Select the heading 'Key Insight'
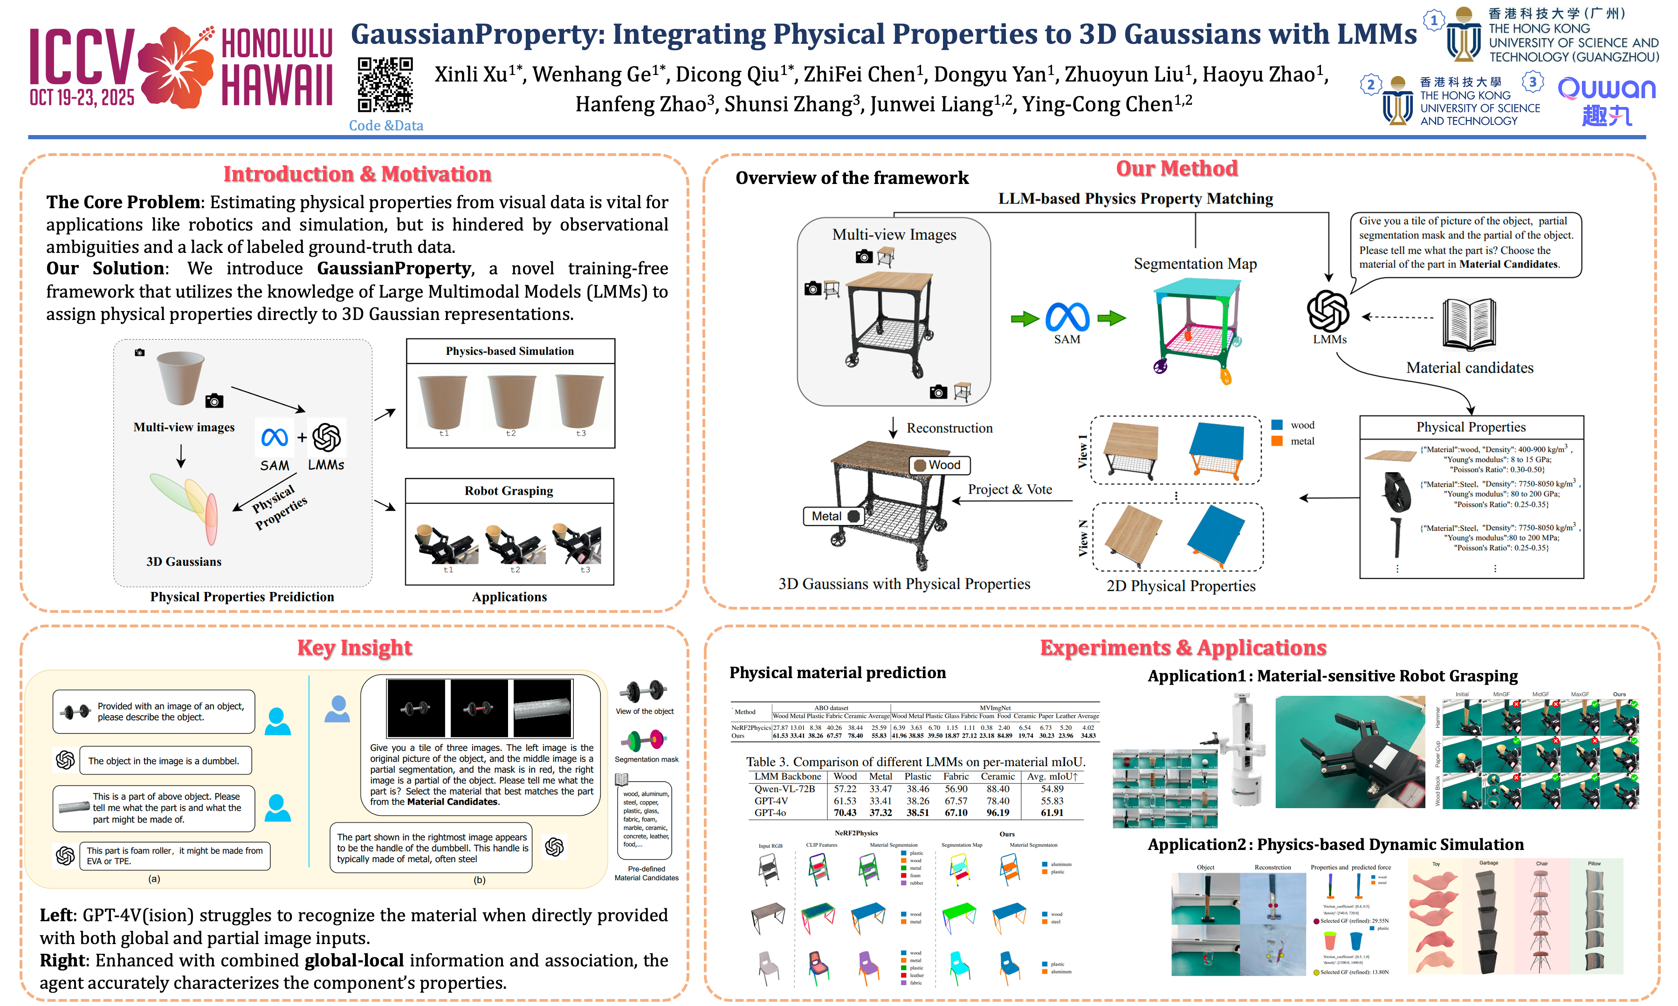click(354, 647)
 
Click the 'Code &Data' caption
click(385, 125)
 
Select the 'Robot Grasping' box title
click(509, 491)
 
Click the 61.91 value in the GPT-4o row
click(1052, 813)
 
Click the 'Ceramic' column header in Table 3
click(998, 777)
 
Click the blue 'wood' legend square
click(1277, 425)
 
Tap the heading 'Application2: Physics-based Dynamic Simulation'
click(1335, 845)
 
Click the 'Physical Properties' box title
click(1471, 427)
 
